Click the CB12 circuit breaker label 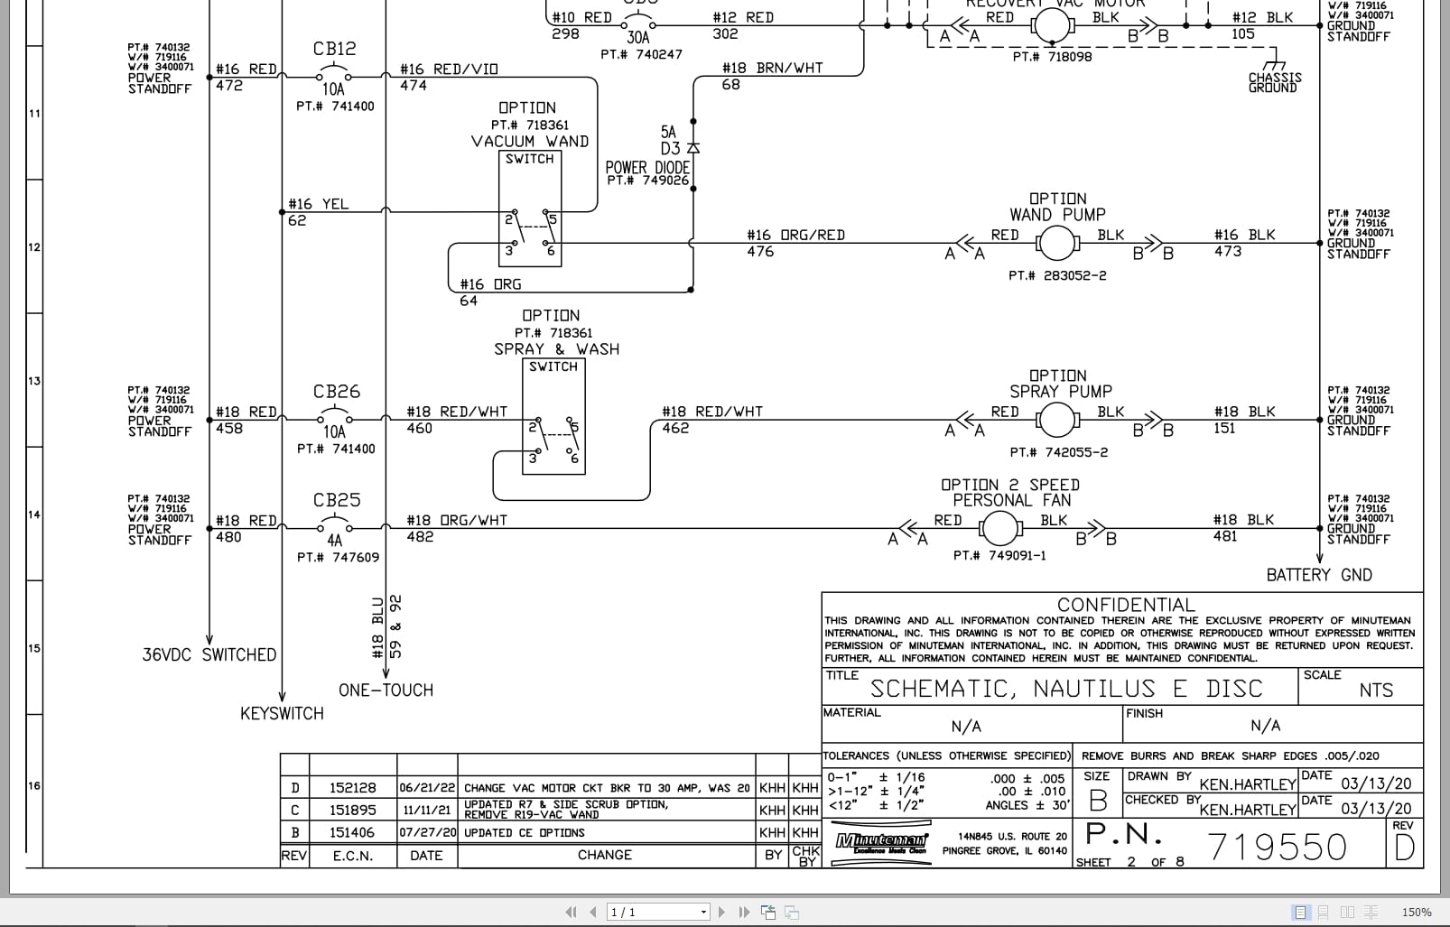pos(334,49)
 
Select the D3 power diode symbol pos(692,147)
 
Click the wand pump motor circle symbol pos(1055,243)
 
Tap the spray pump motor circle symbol pos(1055,420)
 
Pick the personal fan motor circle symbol pos(999,529)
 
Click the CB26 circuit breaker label pos(336,392)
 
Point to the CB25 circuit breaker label pos(336,500)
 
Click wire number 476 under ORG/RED pos(760,252)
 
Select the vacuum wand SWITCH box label pos(529,159)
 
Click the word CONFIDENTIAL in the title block pos(1125,605)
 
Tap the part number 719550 pos(1276,847)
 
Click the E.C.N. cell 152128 pos(352,788)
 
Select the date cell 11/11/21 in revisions pos(426,811)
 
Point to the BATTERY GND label pos(1318,575)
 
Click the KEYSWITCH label pos(282,713)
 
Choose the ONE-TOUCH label pos(386,691)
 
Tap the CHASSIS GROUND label pos(1274,82)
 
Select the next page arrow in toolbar pos(721,912)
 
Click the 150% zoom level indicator pos(1416,912)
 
